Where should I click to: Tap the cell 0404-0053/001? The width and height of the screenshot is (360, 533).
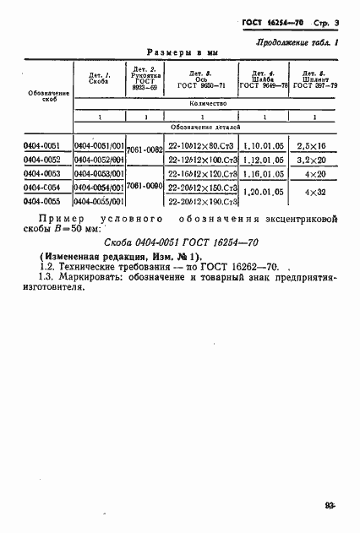100,174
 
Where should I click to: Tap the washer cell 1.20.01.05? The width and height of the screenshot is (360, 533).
265,193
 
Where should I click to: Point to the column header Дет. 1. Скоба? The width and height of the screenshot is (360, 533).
98,79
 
